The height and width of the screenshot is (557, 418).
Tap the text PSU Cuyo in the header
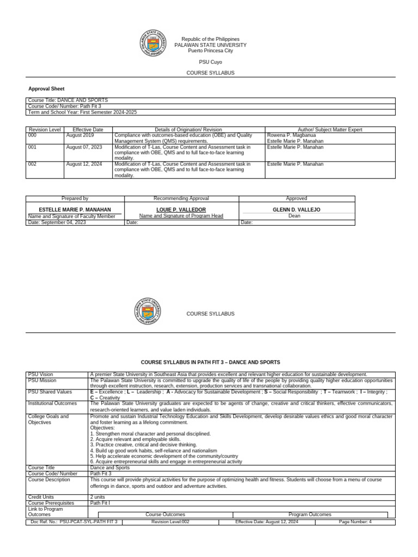point(210,62)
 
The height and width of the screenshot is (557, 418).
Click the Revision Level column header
point(44,129)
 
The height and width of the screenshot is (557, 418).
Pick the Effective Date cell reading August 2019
point(79,135)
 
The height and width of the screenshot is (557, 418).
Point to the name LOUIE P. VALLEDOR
point(181,209)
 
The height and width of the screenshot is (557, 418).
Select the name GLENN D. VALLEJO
point(296,209)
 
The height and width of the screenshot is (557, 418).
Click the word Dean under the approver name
point(296,216)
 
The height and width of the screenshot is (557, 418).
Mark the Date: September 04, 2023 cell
point(57,222)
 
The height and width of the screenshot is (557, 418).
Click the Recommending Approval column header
point(181,199)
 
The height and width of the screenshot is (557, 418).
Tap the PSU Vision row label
point(41,374)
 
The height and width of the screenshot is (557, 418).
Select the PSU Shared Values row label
point(49,392)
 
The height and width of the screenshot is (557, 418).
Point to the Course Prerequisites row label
point(51,503)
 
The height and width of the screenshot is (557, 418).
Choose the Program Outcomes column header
point(310,514)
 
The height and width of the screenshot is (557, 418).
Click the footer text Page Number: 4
point(355,522)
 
